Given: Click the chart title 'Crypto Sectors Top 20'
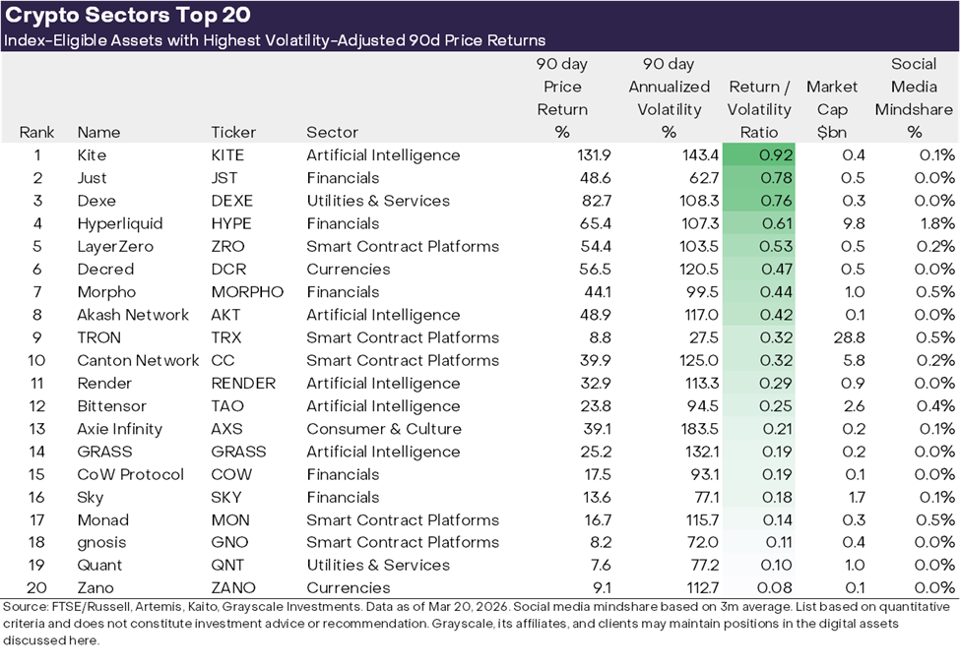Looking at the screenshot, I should click(x=128, y=15).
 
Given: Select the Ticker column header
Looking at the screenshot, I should click(x=233, y=132).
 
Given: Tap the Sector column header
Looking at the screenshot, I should click(x=332, y=132).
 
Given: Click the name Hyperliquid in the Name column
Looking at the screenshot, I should click(x=120, y=223).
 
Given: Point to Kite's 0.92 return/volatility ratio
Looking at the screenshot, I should click(x=778, y=155).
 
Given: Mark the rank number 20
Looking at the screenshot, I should click(x=36, y=588).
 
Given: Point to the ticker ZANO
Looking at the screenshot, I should click(x=231, y=588).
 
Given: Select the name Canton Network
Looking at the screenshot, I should click(x=138, y=360).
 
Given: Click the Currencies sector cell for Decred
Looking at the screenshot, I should click(x=348, y=270).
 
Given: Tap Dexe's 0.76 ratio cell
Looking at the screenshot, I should click(x=778, y=201).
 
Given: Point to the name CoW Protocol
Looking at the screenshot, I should click(x=131, y=474).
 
